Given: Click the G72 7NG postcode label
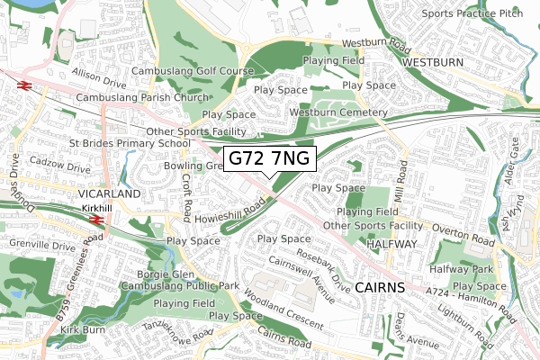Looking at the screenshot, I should (269, 158).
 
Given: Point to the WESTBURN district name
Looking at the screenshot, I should (433, 62).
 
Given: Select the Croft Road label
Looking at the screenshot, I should (186, 184).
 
